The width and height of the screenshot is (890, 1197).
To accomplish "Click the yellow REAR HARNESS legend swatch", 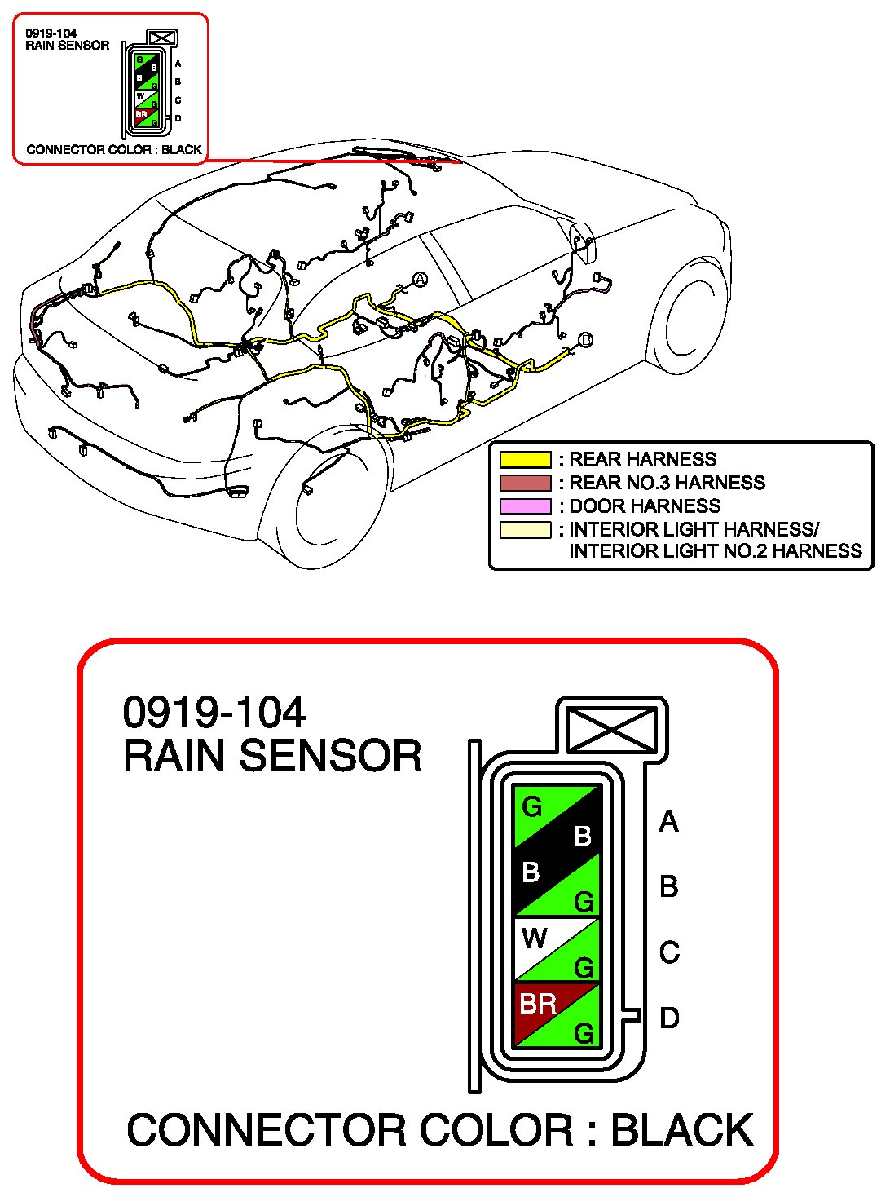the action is click(x=526, y=459).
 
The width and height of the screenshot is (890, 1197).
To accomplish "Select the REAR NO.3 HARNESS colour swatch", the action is click(x=526, y=483).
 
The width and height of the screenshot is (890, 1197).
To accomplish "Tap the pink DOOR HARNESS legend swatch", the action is click(x=526, y=506).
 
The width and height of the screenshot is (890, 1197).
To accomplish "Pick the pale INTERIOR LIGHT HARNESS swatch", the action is click(x=526, y=530).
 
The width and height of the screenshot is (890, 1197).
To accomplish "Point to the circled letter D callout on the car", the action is click(x=585, y=339).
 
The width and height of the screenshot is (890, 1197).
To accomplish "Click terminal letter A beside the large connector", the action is click(x=669, y=821).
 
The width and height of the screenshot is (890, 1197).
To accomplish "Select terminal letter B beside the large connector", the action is click(x=669, y=886).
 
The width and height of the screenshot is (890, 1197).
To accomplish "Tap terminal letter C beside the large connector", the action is click(x=669, y=952).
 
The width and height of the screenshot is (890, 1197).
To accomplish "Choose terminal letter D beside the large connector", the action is click(x=669, y=1018).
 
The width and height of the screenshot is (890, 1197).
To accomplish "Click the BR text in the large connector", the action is click(x=538, y=1004).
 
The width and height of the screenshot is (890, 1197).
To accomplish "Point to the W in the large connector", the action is click(x=534, y=939).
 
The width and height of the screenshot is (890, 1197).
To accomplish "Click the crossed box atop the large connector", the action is click(x=613, y=730).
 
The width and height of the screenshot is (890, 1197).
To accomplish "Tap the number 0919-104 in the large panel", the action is click(x=214, y=713).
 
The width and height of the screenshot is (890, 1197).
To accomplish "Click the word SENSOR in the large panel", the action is click(x=330, y=756).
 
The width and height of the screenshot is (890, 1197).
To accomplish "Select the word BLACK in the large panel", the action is click(x=682, y=1129).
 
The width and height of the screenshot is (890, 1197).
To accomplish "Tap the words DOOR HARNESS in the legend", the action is click(x=645, y=506).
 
